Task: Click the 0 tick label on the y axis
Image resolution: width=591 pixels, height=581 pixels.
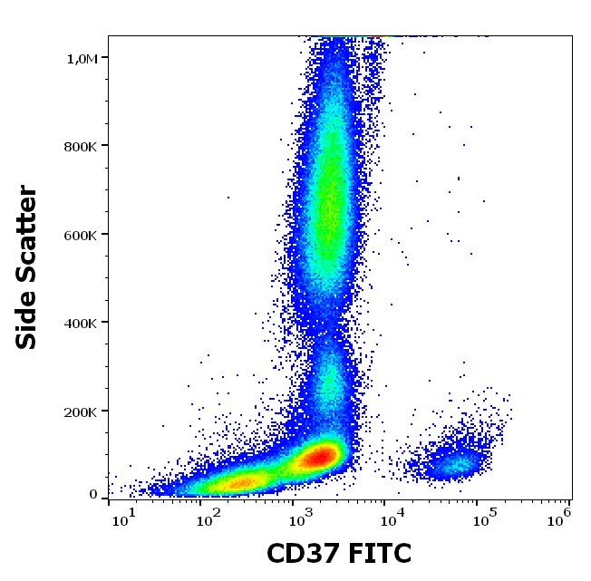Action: pos(92,494)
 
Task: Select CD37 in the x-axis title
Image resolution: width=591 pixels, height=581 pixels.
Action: pos(300,553)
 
